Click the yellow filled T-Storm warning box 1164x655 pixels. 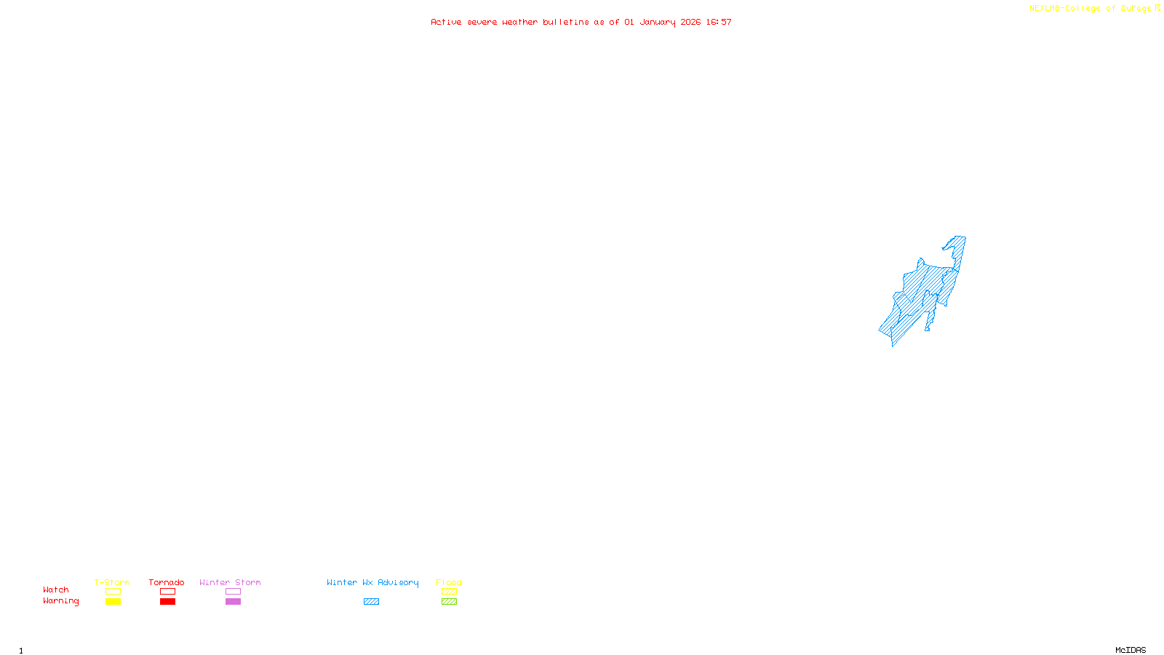pos(113,602)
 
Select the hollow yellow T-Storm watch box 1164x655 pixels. pos(113,592)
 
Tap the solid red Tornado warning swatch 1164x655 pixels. pos(167,602)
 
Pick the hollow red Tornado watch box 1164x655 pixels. pos(167,592)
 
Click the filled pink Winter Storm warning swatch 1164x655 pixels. pos(233,602)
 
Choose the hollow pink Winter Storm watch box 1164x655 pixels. pos(233,592)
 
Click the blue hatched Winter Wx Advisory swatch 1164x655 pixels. pos(371,602)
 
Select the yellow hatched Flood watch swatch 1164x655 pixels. pos(449,592)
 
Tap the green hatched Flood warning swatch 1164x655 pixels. pos(449,602)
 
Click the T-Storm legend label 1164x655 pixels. pos(112,582)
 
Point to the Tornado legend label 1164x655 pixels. pos(167,582)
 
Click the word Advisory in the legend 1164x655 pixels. pos(398,582)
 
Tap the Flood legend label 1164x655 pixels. pos(449,582)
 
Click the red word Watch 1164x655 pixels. pos(56,590)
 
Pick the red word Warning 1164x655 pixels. pos(61,601)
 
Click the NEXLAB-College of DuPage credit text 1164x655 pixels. pos(1091,9)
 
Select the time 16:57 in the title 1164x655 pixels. pos(719,23)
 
